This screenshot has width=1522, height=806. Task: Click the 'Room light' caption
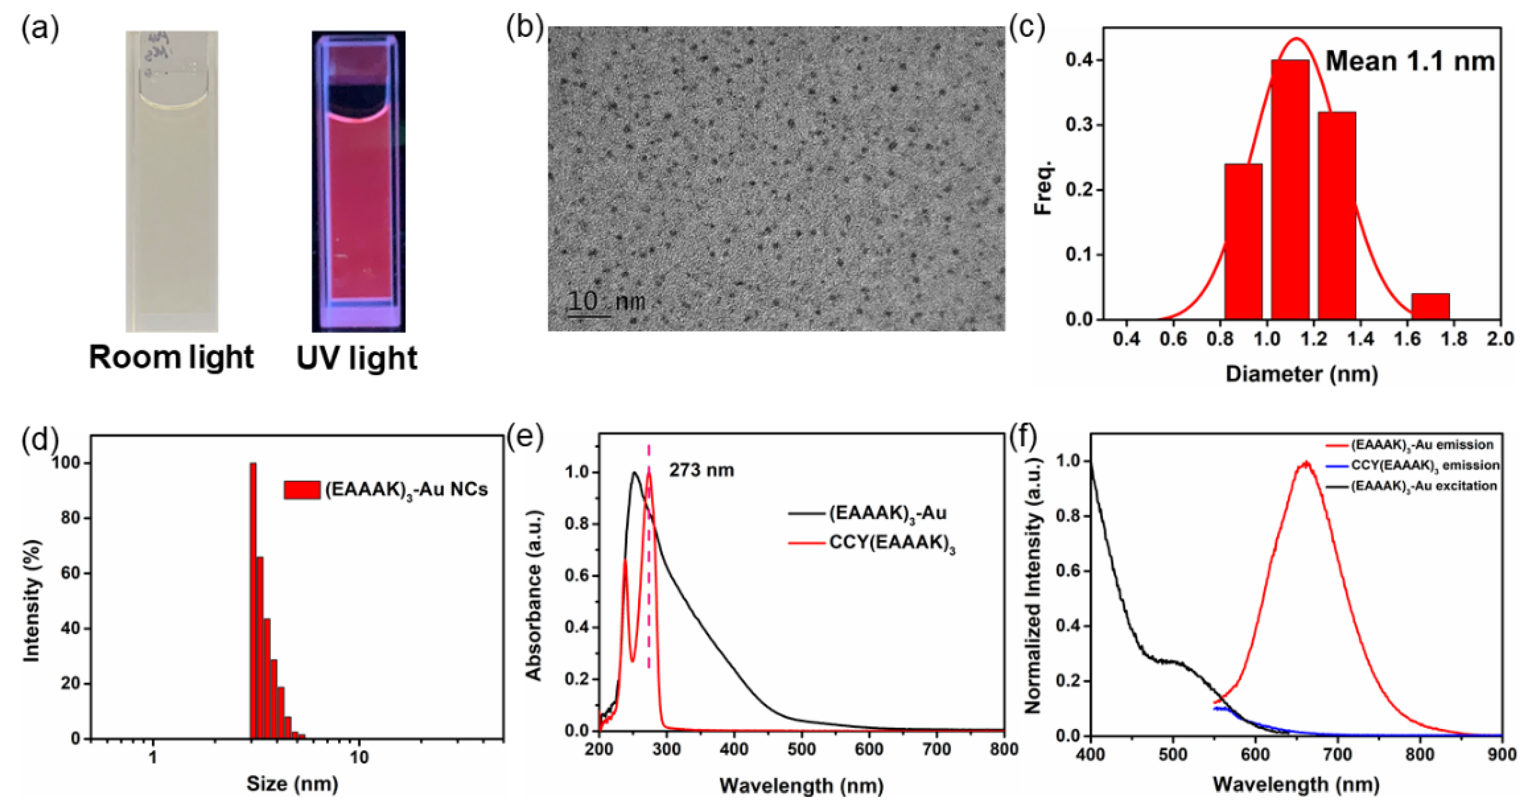point(171,358)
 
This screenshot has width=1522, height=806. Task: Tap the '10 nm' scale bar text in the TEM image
point(606,301)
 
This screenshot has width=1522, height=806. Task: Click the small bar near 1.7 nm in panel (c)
point(1430,306)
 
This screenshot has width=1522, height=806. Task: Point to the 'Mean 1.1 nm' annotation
point(1410,61)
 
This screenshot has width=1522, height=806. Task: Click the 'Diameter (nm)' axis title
point(1302,373)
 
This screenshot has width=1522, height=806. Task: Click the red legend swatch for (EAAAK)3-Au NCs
point(302,490)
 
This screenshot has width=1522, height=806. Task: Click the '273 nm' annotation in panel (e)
point(701,470)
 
